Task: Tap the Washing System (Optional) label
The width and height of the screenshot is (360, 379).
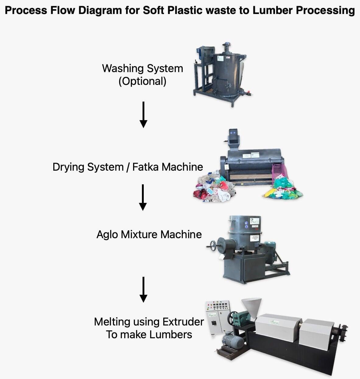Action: point(143,75)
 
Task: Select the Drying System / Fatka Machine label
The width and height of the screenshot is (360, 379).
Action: point(128,167)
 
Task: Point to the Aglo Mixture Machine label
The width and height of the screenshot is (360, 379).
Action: point(149,235)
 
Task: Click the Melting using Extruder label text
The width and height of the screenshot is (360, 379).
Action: point(149,322)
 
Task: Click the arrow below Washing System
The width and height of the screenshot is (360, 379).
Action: point(143,115)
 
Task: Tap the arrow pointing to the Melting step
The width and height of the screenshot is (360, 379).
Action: point(143,289)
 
